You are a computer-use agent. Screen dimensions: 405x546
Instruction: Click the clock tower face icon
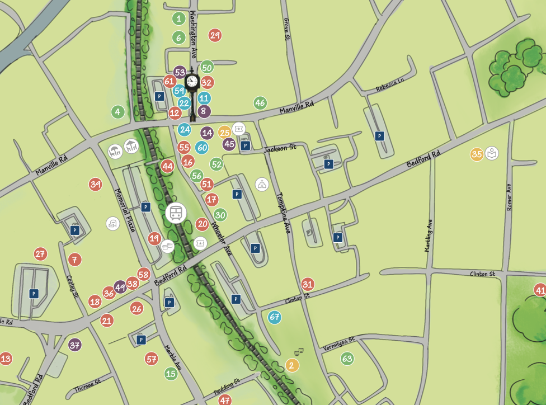192,82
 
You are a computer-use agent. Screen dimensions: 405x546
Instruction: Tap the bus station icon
176,213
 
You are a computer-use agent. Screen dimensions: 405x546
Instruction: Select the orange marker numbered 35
477,154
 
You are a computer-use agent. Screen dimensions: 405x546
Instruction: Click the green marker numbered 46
260,103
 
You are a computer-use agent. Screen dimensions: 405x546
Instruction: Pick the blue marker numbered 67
275,317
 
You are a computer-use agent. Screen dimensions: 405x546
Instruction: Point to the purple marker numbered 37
75,345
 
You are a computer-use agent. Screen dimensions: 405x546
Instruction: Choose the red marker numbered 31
308,284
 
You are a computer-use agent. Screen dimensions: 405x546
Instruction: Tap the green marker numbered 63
347,358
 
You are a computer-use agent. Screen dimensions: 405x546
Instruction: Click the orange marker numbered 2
291,366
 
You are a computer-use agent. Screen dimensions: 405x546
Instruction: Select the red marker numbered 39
96,184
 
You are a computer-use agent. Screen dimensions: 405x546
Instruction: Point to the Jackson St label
280,148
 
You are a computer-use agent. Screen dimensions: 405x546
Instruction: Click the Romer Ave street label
509,197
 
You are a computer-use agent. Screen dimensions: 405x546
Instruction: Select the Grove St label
287,29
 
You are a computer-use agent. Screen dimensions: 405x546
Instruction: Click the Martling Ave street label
428,235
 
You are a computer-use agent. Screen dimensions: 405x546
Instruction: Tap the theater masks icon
299,352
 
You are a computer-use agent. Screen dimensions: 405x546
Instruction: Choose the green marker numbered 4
117,112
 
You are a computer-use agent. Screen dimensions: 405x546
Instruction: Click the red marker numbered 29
215,35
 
